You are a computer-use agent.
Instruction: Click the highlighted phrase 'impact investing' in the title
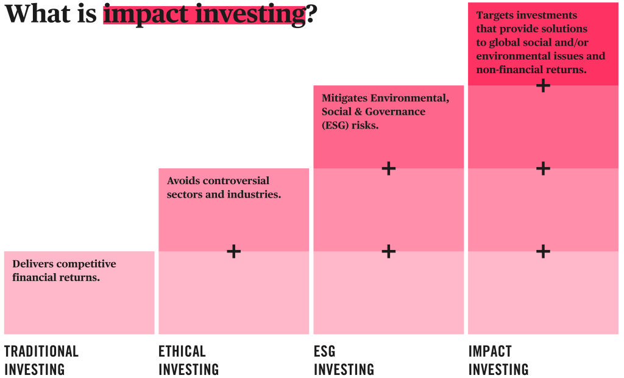(x=204, y=13)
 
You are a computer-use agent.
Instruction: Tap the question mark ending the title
(x=311, y=13)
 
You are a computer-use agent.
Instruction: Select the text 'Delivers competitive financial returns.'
(x=64, y=271)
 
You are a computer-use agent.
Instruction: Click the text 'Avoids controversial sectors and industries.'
(x=224, y=188)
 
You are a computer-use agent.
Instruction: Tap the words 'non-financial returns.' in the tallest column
(x=531, y=70)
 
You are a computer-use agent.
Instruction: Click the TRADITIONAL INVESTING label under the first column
(x=41, y=360)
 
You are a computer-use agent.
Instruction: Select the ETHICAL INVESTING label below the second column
(x=188, y=360)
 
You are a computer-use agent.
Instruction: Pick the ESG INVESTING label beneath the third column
(x=344, y=360)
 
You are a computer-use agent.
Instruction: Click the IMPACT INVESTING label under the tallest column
(x=498, y=360)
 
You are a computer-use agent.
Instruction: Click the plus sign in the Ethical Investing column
(x=234, y=251)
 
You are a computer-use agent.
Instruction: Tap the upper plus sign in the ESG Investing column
(x=388, y=168)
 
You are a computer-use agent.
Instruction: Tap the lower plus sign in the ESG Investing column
(x=388, y=251)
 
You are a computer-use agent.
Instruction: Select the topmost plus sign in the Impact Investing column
(x=543, y=85)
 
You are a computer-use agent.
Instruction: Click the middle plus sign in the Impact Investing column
(x=543, y=168)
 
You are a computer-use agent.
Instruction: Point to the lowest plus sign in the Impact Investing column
(x=543, y=251)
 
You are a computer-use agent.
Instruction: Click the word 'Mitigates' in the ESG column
(x=344, y=98)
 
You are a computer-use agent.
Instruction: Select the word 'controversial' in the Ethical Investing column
(x=235, y=181)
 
